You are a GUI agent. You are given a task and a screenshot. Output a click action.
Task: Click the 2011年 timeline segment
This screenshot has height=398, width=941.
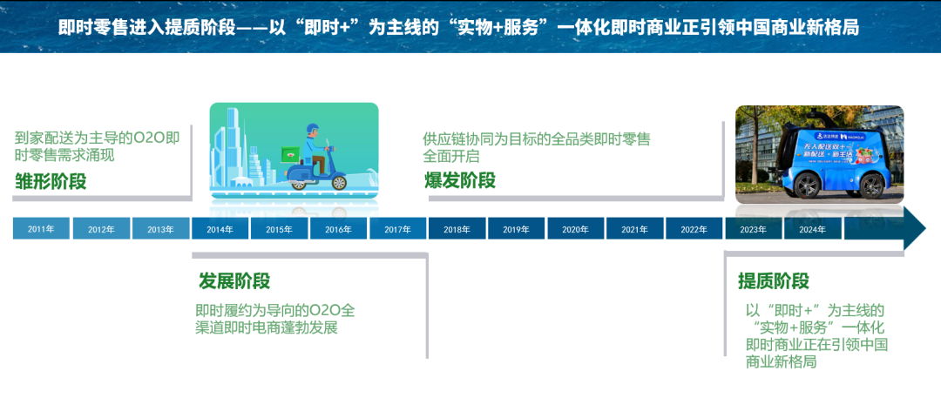click(41, 229)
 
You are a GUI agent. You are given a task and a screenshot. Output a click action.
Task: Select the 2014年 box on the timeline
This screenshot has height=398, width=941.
click(220, 229)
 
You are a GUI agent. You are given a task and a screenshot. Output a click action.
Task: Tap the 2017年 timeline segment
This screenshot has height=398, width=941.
click(397, 229)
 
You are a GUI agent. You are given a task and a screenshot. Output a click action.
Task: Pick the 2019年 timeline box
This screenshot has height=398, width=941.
click(516, 229)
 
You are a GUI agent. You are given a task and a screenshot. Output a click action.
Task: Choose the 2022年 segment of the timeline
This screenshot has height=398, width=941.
click(694, 229)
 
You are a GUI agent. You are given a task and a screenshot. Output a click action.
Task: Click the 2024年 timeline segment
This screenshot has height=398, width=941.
click(812, 229)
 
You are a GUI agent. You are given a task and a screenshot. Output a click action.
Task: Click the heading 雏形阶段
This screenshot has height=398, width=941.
click(51, 181)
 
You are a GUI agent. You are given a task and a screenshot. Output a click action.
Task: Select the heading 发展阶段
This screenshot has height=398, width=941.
click(234, 281)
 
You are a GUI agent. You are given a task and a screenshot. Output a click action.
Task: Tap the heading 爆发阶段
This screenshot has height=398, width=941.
click(459, 180)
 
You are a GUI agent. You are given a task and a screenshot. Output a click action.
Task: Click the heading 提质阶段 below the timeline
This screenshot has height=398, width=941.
click(774, 281)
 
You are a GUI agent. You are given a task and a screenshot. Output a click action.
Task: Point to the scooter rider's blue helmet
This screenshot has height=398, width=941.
click(312, 130)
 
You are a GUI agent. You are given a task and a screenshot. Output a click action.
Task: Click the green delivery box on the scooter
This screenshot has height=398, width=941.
click(288, 153)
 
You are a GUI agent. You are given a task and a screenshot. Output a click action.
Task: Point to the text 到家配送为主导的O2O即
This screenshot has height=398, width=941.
click(98, 138)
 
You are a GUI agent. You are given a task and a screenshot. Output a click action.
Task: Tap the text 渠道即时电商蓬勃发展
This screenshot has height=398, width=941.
click(266, 328)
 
